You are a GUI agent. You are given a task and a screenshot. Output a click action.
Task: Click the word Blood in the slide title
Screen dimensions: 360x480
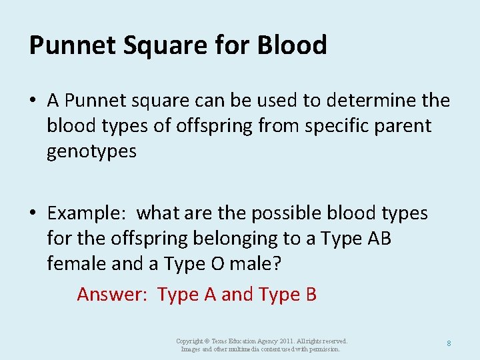tap(294, 45)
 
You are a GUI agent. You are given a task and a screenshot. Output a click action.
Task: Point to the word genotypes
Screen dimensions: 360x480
tap(91, 152)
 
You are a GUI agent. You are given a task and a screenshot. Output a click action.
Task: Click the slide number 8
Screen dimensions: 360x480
tap(449, 343)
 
